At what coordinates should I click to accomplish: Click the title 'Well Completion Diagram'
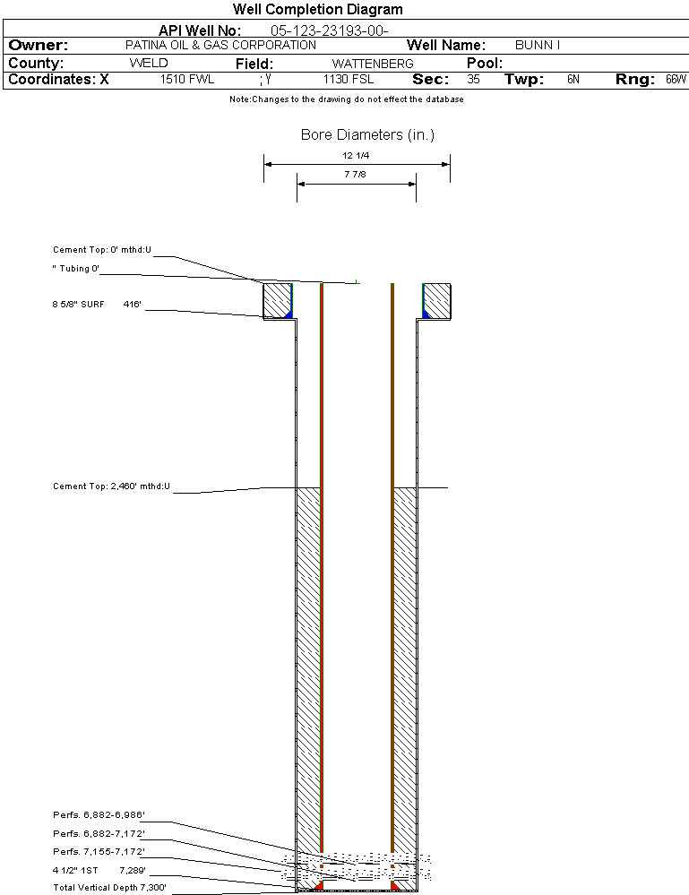[x=318, y=10]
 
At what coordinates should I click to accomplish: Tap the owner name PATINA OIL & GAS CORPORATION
[x=220, y=45]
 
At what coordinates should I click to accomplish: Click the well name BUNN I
[x=538, y=45]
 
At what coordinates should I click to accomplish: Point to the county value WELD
[x=149, y=64]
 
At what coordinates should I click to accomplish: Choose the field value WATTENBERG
[x=373, y=64]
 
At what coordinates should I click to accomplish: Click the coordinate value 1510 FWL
[x=187, y=80]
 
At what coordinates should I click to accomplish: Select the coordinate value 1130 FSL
[x=349, y=80]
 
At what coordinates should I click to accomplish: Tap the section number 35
[x=474, y=80]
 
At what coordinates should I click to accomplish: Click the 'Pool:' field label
[x=485, y=64]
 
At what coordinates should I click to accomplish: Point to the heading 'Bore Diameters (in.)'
[x=367, y=135]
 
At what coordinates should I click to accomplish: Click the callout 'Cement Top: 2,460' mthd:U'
[x=111, y=486]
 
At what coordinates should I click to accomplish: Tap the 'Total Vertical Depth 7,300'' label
[x=109, y=887]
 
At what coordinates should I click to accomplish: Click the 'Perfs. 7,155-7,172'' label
[x=99, y=851]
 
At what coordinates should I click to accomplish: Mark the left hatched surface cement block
[x=276, y=300]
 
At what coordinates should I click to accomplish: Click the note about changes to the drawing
[x=347, y=99]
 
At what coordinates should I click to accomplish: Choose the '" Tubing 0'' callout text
[x=76, y=269]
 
